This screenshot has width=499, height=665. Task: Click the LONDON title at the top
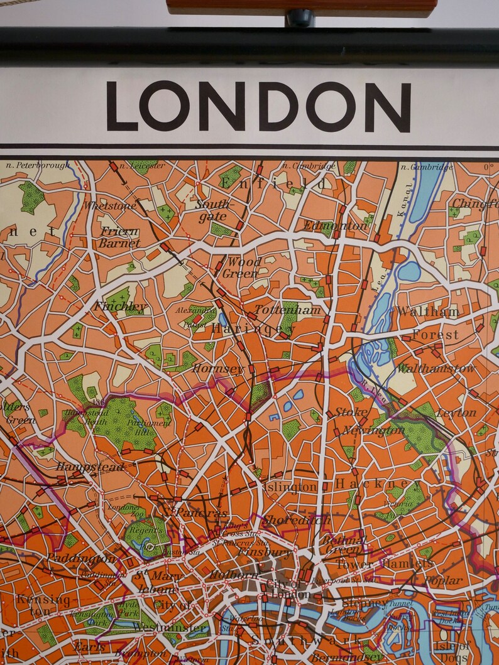(258, 106)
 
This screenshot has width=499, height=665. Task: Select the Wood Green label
(241, 268)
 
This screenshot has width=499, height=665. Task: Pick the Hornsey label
(217, 368)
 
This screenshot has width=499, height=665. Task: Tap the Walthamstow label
(436, 368)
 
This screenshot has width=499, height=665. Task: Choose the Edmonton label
(335, 225)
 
